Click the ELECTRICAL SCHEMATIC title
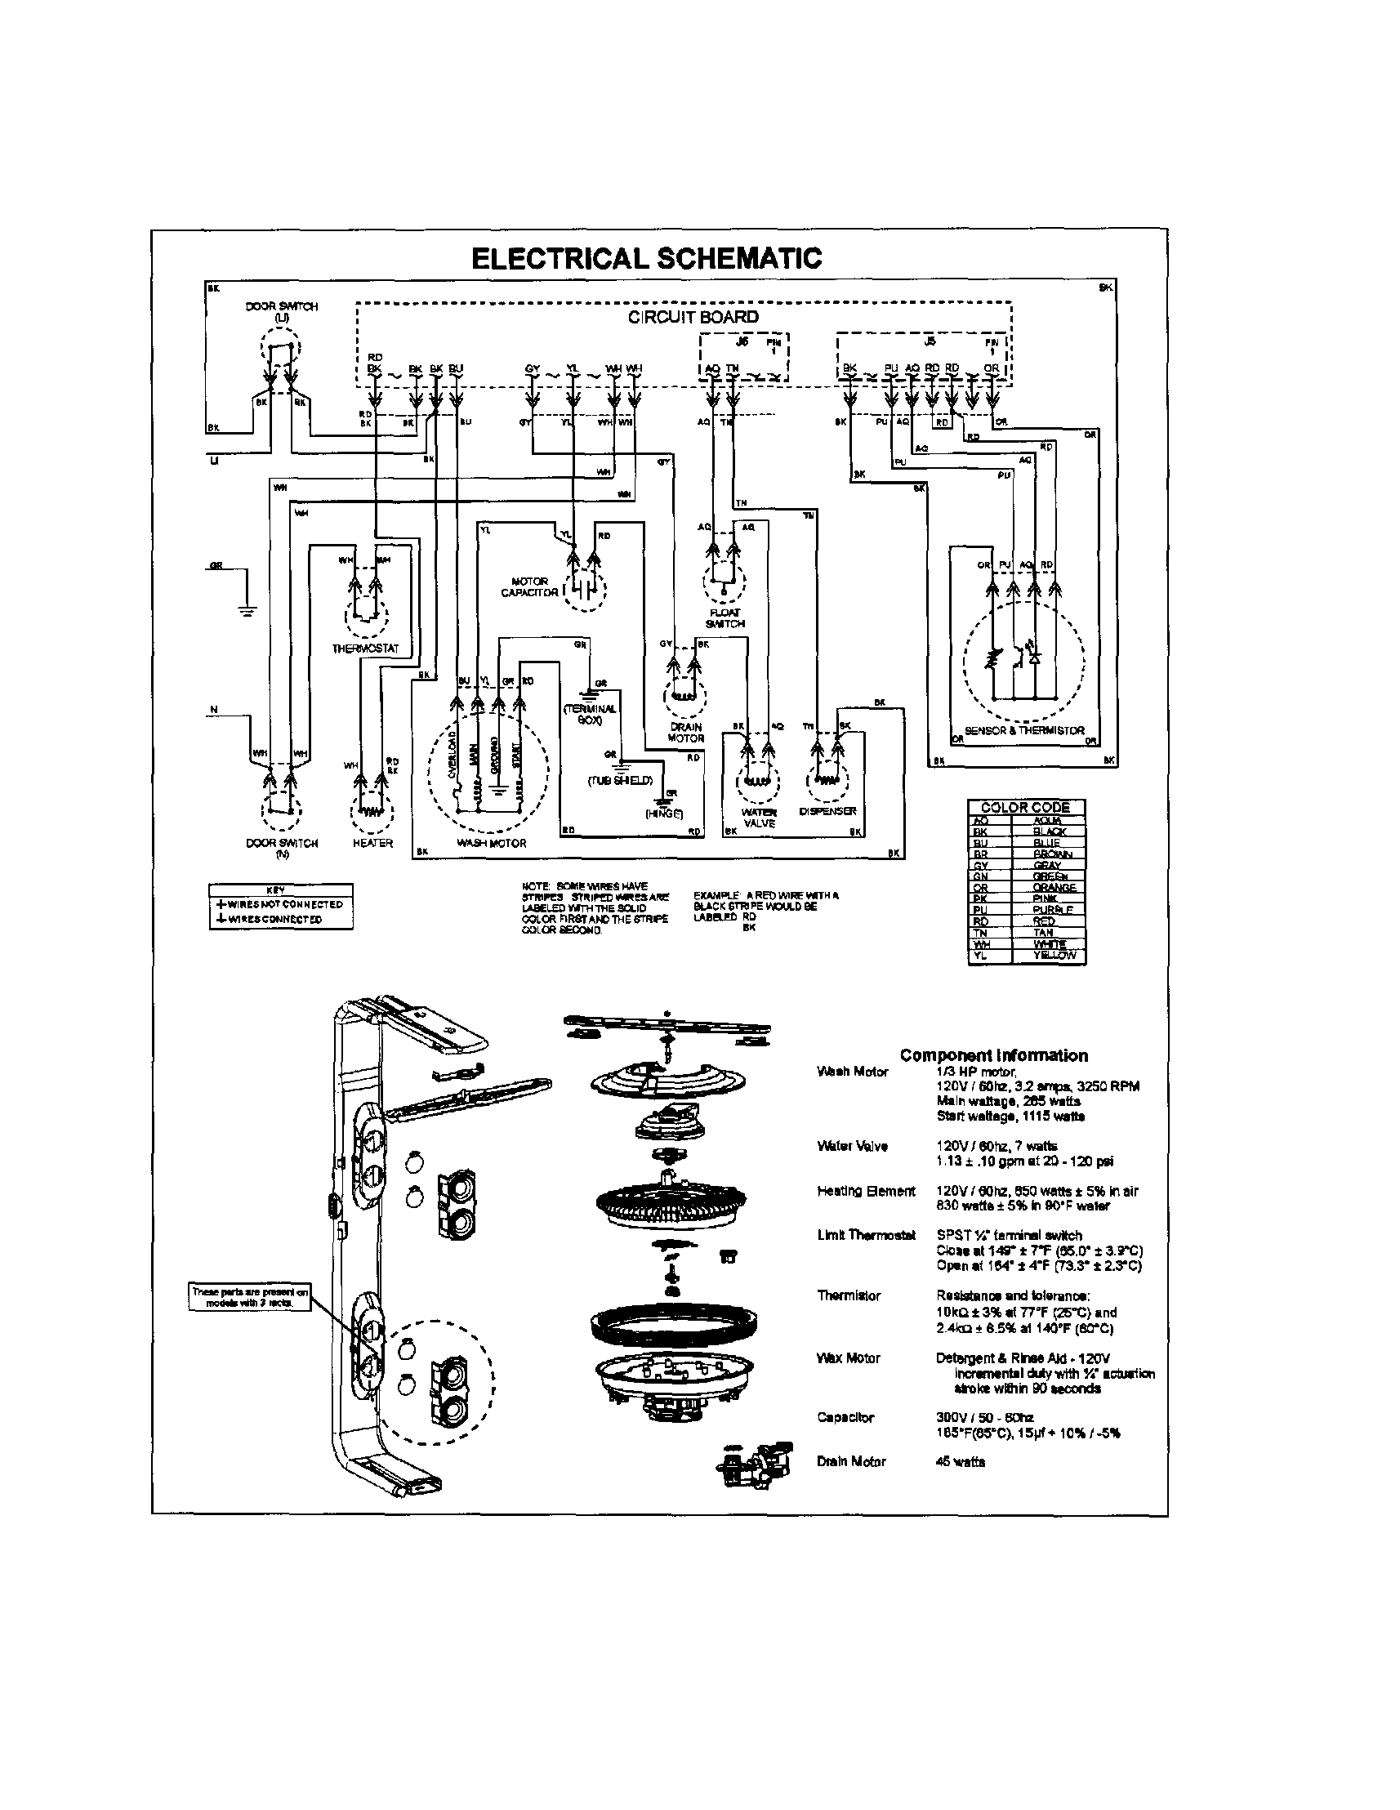click(x=646, y=259)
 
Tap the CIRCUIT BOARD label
click(x=693, y=317)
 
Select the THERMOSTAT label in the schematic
click(x=366, y=648)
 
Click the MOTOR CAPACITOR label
click(x=529, y=586)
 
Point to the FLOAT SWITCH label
click(x=725, y=617)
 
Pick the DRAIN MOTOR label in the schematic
click(x=686, y=733)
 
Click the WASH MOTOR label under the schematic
click(x=492, y=843)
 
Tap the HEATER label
click(x=372, y=843)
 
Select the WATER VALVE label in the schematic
click(x=759, y=818)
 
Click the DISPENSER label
click(x=827, y=811)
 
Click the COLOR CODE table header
click(x=1025, y=806)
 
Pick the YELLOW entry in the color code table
click(x=1054, y=955)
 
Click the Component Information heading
click(x=993, y=1055)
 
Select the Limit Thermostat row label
click(x=865, y=1235)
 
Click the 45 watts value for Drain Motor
click(x=960, y=1462)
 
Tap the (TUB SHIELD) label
click(x=621, y=780)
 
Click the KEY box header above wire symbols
click(x=280, y=889)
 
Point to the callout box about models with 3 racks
click(x=239, y=1297)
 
